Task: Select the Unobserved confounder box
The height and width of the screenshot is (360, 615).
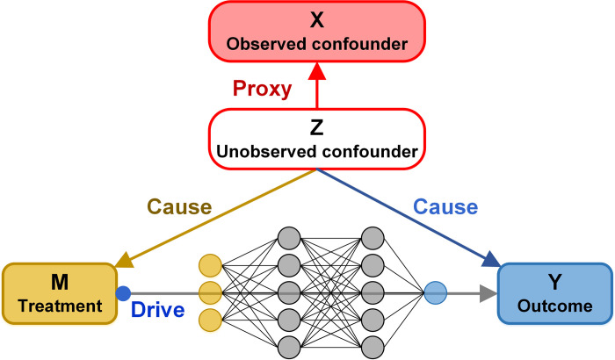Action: [x=316, y=140]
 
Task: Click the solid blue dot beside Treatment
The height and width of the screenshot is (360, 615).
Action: [x=124, y=293]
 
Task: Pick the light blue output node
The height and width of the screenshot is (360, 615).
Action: [x=436, y=293]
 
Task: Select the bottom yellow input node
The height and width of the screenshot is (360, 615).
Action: [x=209, y=318]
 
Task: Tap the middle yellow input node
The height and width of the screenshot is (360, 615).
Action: [x=209, y=292]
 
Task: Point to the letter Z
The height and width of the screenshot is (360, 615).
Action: [x=316, y=128]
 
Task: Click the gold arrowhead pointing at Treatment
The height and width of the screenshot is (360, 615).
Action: [x=124, y=260]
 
